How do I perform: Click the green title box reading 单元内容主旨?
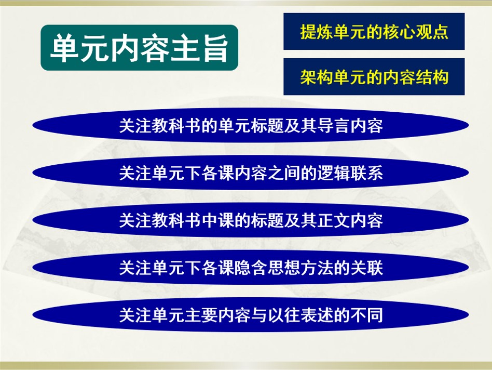coord(139,48)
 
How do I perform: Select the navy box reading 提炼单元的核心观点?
coord(374,32)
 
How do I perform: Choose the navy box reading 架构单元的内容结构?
coord(374,77)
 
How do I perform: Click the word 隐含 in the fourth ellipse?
coord(235,268)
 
